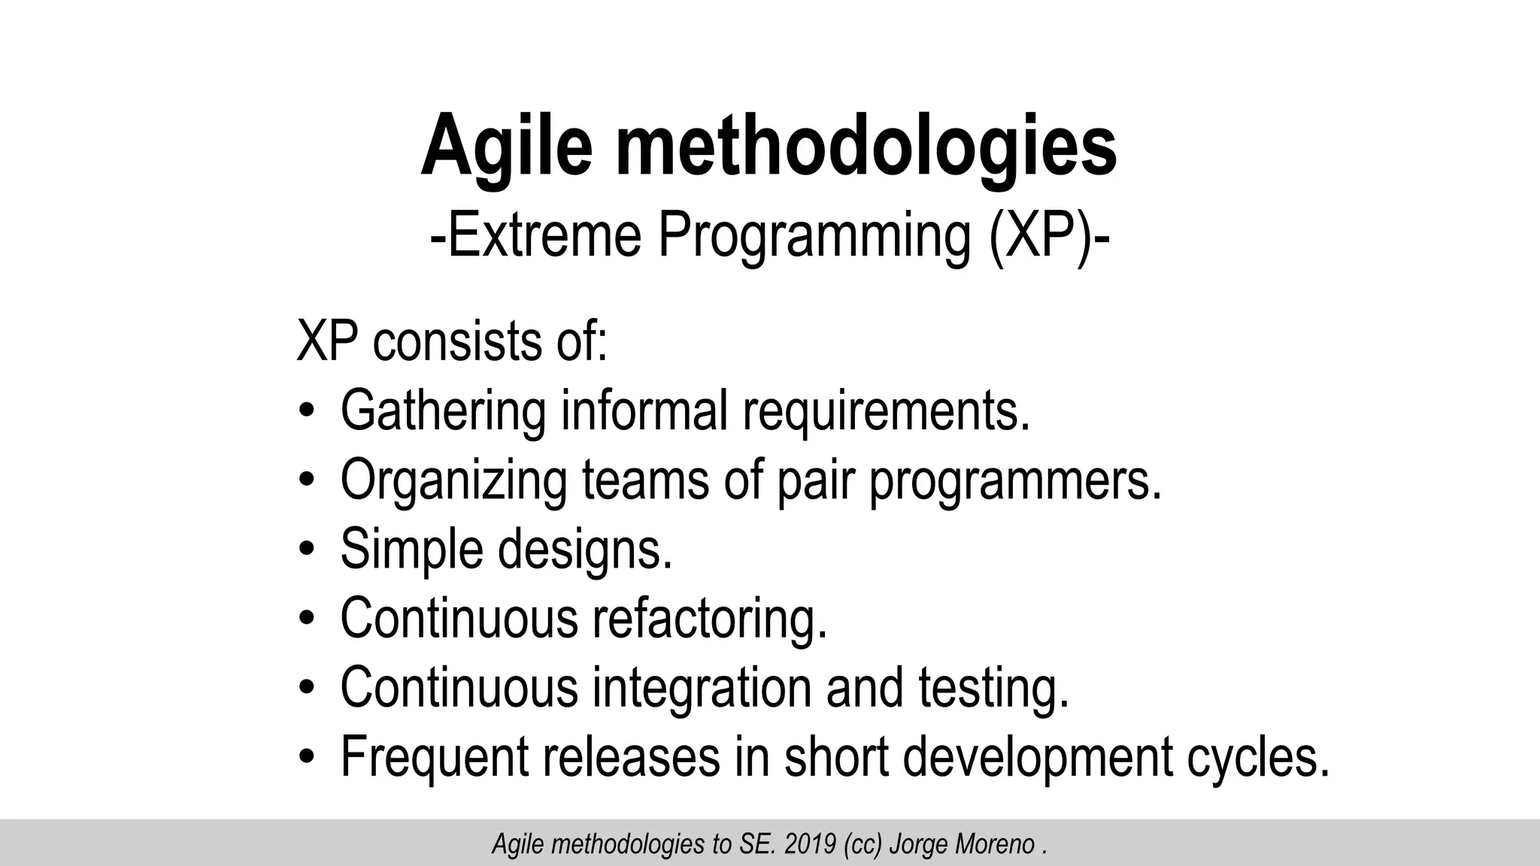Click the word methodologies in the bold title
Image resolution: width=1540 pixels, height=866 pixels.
click(x=867, y=145)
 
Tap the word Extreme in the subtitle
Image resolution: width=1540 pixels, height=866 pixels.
click(x=537, y=236)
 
